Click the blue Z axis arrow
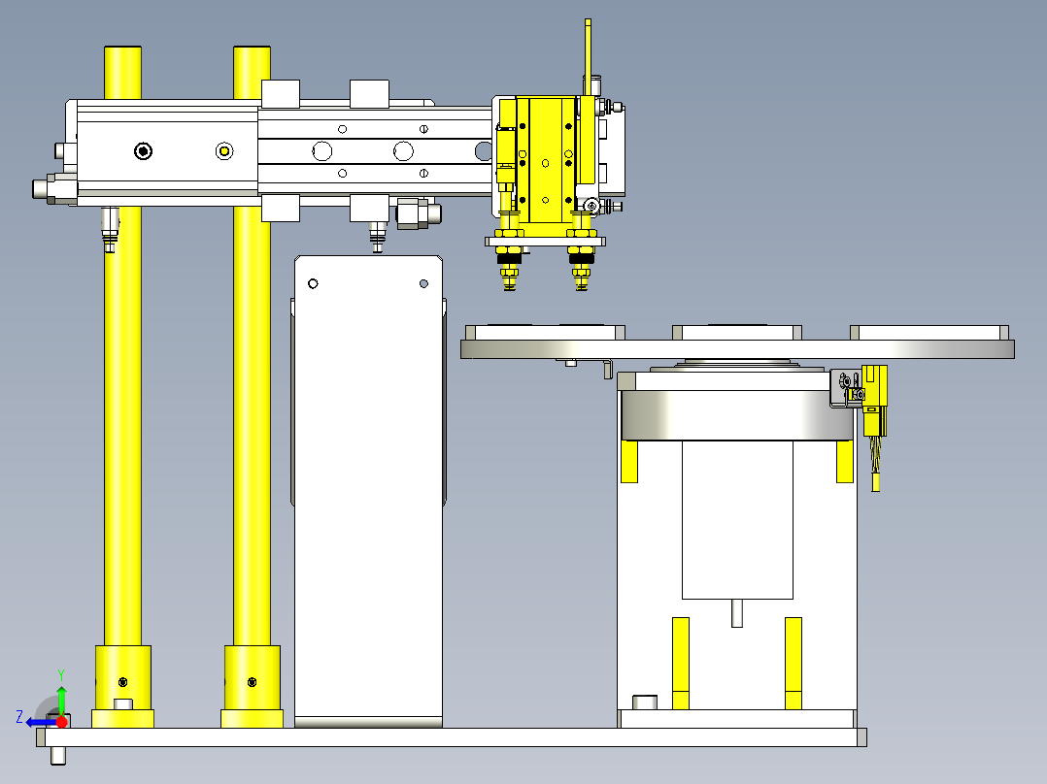pyautogui.click(x=42, y=722)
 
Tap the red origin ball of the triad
pyautogui.click(x=62, y=722)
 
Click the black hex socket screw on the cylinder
pyautogui.click(x=143, y=151)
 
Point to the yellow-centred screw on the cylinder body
pyautogui.click(x=224, y=151)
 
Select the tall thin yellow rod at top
pyautogui.click(x=588, y=56)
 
